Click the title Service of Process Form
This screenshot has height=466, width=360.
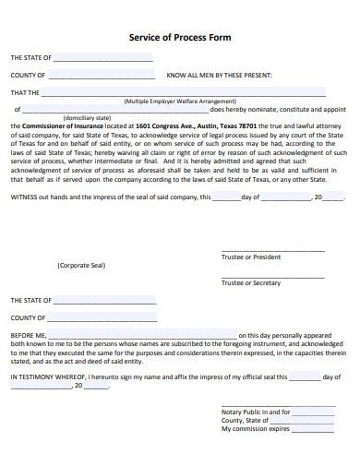[x=179, y=39]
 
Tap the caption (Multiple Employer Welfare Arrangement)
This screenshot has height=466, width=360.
[x=179, y=102]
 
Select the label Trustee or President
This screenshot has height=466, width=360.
[x=250, y=257]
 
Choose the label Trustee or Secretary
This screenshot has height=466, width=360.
[x=250, y=282]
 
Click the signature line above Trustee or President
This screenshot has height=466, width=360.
[x=272, y=250]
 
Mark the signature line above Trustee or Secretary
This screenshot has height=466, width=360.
[x=272, y=276]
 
